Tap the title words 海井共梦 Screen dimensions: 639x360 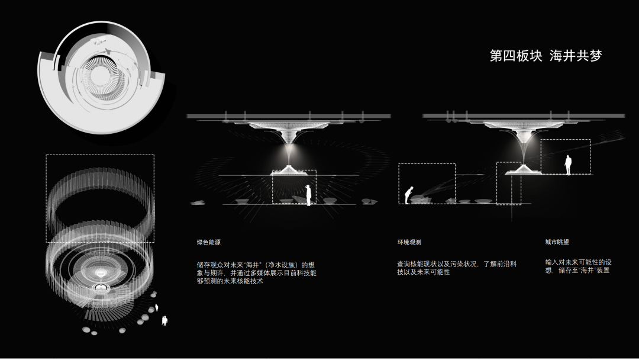pos(575,56)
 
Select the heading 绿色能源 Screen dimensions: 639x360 pos(208,242)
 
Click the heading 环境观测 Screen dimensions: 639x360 pos(409,242)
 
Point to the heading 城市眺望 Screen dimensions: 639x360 pos(557,242)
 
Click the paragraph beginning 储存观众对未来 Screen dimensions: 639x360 pos(256,272)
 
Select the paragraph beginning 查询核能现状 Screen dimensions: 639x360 pos(456,268)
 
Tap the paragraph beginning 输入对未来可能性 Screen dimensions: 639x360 pos(578,266)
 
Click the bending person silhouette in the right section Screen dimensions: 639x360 pos(408,194)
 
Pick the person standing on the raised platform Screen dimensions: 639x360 pos(568,165)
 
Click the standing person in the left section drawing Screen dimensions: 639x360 pos(308,195)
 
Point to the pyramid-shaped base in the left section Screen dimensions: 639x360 pos(289,172)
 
